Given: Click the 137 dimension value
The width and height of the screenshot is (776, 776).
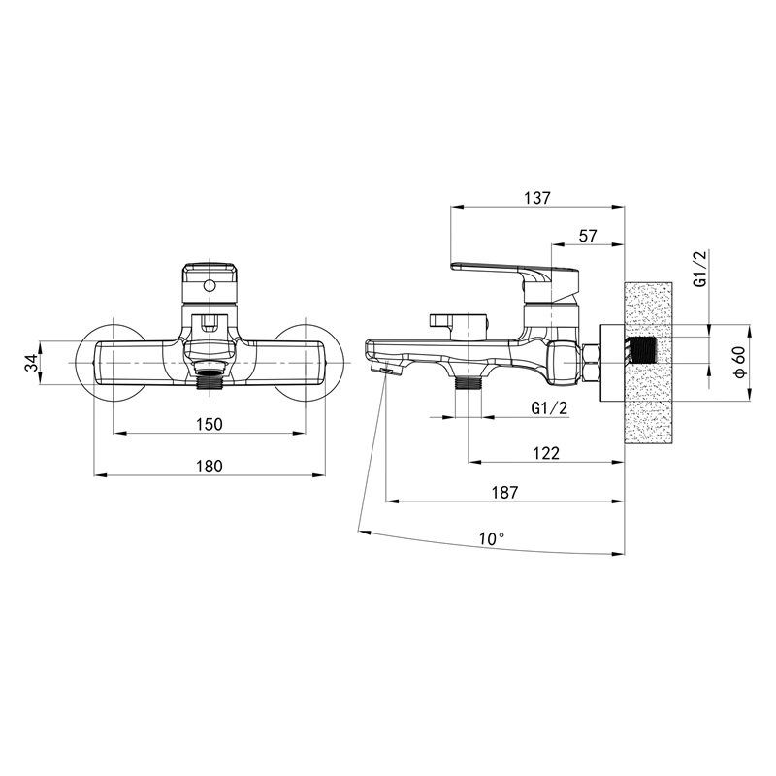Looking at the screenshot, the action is tap(537, 198).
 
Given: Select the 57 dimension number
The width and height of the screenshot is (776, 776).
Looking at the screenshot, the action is tap(588, 236).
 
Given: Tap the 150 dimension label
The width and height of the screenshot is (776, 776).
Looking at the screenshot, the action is tap(210, 424).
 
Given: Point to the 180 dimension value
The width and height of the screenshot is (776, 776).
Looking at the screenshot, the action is tap(210, 467).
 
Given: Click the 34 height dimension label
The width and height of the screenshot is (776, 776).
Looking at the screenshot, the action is tap(31, 362).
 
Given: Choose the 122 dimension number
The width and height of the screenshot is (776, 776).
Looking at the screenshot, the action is tap(546, 453).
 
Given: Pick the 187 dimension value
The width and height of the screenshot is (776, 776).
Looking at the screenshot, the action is tap(504, 493).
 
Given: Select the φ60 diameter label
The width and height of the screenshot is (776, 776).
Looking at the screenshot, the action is tap(740, 362).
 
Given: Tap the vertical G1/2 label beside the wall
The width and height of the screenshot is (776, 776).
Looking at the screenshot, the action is tap(700, 269).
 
